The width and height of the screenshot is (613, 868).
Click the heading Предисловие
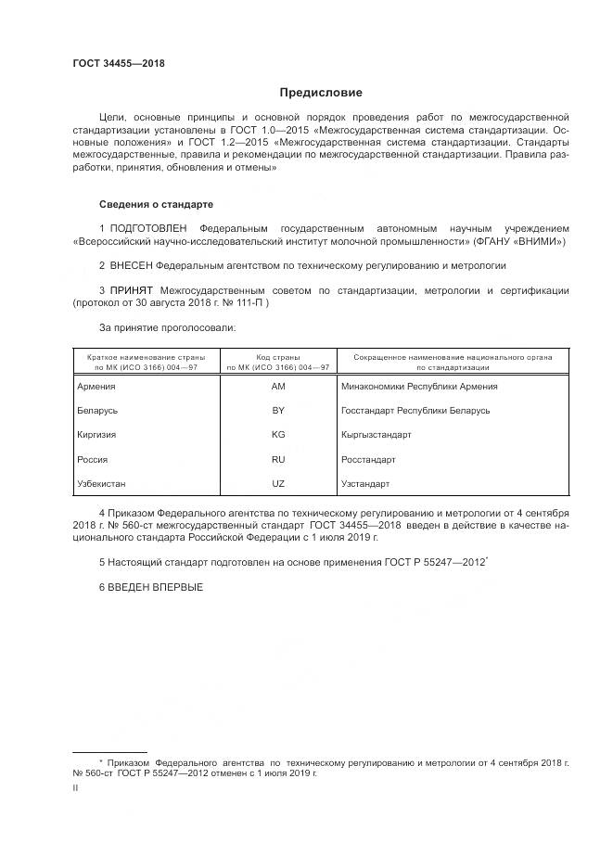(x=321, y=93)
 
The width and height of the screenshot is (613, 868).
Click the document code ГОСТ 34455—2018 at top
(x=120, y=64)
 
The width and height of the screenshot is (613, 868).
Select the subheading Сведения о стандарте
(x=157, y=203)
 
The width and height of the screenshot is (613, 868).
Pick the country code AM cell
(x=277, y=386)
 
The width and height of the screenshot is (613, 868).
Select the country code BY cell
(x=277, y=410)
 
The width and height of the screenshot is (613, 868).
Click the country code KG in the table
(x=277, y=434)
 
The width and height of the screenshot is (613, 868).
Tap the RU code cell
(x=277, y=459)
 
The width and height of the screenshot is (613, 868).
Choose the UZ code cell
(x=277, y=483)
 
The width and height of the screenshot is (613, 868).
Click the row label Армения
(x=97, y=386)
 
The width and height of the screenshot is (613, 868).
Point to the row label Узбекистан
(x=105, y=483)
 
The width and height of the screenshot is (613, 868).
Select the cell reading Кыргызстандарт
(x=377, y=434)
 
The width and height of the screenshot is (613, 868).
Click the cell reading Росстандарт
(x=369, y=459)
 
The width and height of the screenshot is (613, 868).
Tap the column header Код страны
(x=277, y=356)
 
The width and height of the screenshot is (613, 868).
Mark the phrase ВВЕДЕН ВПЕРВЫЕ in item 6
(x=155, y=588)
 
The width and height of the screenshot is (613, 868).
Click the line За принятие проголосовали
(x=168, y=327)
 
